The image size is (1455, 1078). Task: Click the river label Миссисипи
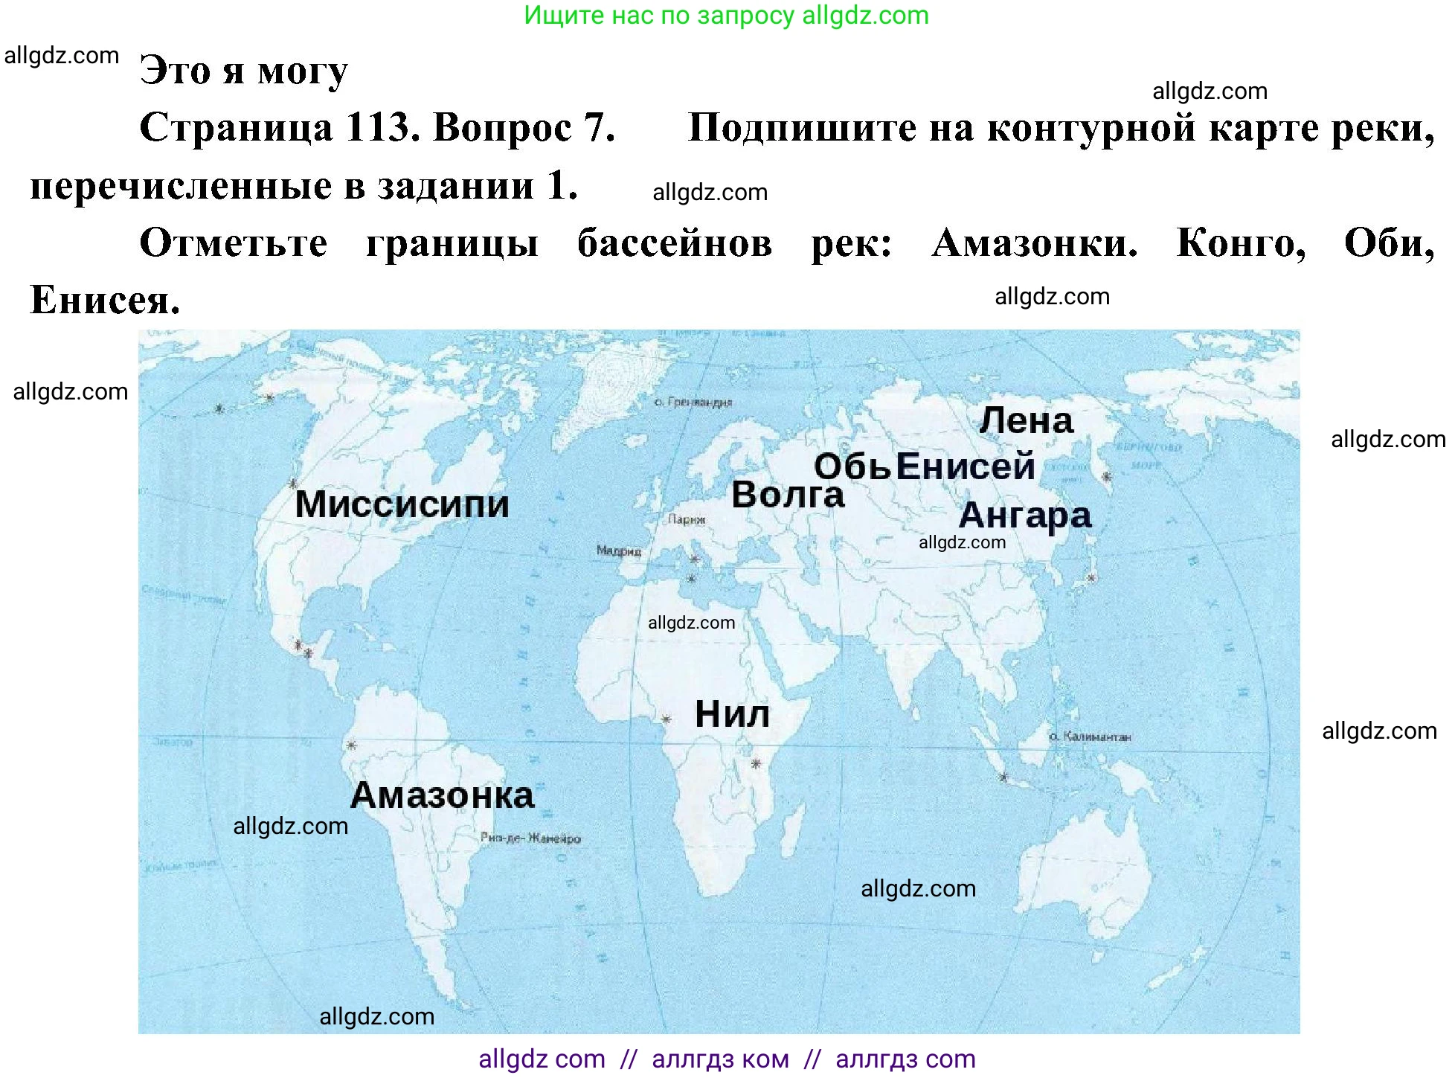point(402,504)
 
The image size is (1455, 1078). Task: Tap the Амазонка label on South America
point(442,795)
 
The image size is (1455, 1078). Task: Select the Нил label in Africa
point(732,715)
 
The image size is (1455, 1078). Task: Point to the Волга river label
point(788,495)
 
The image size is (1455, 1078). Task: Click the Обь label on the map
point(852,467)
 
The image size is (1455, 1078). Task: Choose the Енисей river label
point(966,467)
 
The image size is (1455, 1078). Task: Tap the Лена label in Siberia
point(1027,421)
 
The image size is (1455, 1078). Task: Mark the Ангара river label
point(1025,515)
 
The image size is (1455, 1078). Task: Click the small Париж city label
point(687,519)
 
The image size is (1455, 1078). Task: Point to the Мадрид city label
point(618,551)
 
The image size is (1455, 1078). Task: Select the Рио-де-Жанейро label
point(530,838)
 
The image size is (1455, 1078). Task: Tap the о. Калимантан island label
point(1090,737)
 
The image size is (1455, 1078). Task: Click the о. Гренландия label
point(693,402)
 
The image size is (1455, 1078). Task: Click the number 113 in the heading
point(379,128)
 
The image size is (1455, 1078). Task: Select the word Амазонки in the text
point(1035,243)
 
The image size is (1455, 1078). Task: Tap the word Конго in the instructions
point(1241,243)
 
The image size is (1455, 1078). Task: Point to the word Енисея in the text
point(105,301)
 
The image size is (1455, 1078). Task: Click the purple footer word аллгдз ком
point(720,1059)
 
